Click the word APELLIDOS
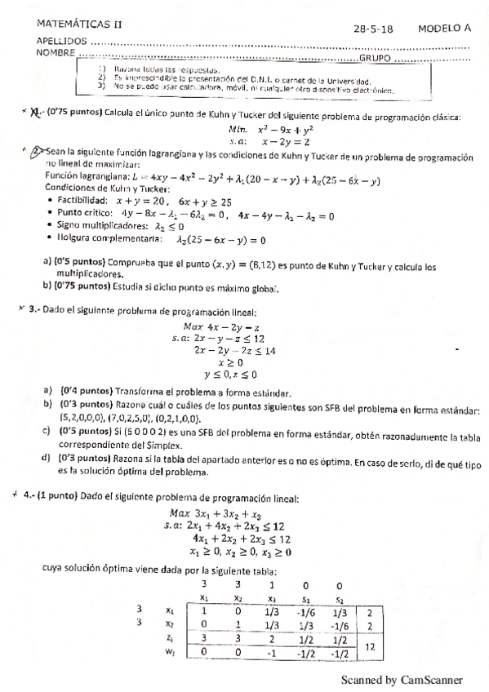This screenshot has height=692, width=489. [61, 41]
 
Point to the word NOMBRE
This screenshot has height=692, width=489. [57, 52]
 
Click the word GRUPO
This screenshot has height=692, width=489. [376, 59]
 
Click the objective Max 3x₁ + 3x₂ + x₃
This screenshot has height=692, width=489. [214, 512]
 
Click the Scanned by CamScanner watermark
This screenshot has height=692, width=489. [401, 678]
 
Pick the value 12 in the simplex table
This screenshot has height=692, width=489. [371, 644]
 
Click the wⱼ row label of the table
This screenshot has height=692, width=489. [169, 651]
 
